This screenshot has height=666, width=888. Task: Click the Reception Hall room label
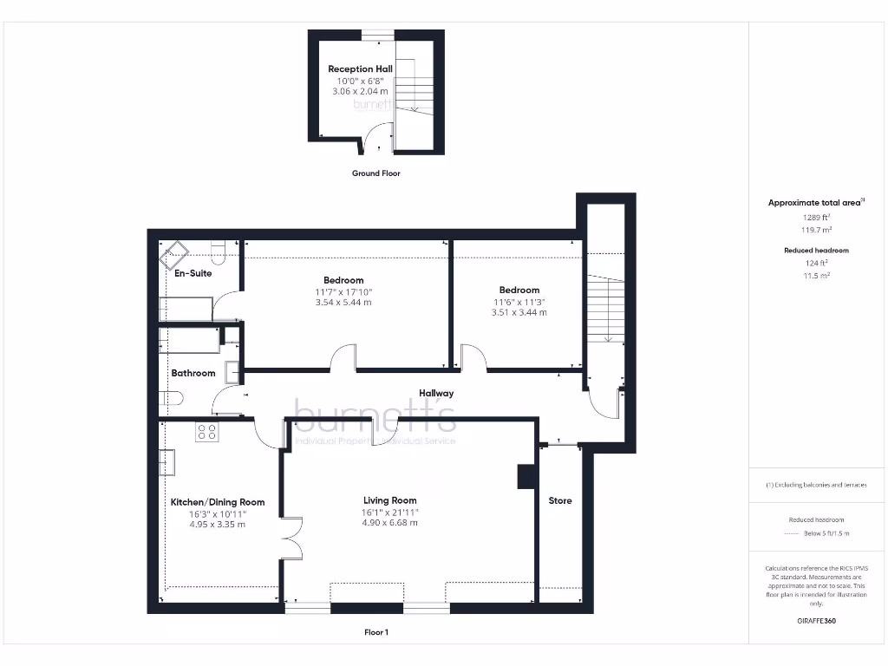pos(359,69)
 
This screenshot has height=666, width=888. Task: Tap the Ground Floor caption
pos(375,173)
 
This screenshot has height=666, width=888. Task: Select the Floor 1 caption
pos(375,633)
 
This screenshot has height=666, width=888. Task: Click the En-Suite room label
pos(193,273)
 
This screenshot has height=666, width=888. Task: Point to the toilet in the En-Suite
pos(218,251)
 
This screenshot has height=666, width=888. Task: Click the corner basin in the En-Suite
pos(173,254)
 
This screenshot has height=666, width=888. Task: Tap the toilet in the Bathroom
pos(171,398)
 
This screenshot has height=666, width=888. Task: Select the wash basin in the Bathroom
pos(232,372)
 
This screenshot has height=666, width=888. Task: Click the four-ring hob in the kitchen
pos(206,431)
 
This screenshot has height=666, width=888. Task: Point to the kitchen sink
pos(166,462)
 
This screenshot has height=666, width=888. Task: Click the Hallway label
pos(436,393)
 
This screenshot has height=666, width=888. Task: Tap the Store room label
pos(560,500)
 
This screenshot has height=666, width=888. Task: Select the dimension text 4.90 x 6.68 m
pos(389,523)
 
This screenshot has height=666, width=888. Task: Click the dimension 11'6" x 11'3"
pos(519,302)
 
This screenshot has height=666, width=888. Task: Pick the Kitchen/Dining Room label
pos(217,502)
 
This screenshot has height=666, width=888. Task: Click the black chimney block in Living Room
pos(524,478)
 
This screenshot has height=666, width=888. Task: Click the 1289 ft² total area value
pos(814,217)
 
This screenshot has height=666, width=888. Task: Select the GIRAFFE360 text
pos(815,621)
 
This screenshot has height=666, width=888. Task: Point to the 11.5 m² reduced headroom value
pos(814,275)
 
